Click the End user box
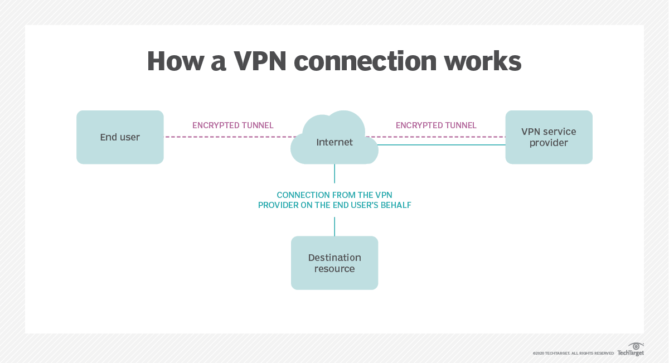pyautogui.click(x=120, y=137)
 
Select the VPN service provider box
pyautogui.click(x=549, y=137)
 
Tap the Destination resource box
pyautogui.click(x=334, y=263)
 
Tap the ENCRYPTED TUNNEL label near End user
pyautogui.click(x=233, y=125)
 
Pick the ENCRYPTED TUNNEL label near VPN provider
pyautogui.click(x=436, y=125)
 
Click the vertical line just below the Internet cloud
pyautogui.click(x=334, y=173)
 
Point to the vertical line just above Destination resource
pyautogui.click(x=334, y=226)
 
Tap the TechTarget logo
pyautogui.click(x=631, y=350)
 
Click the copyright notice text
pyautogui.click(x=573, y=354)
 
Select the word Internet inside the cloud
pyautogui.click(x=334, y=142)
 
